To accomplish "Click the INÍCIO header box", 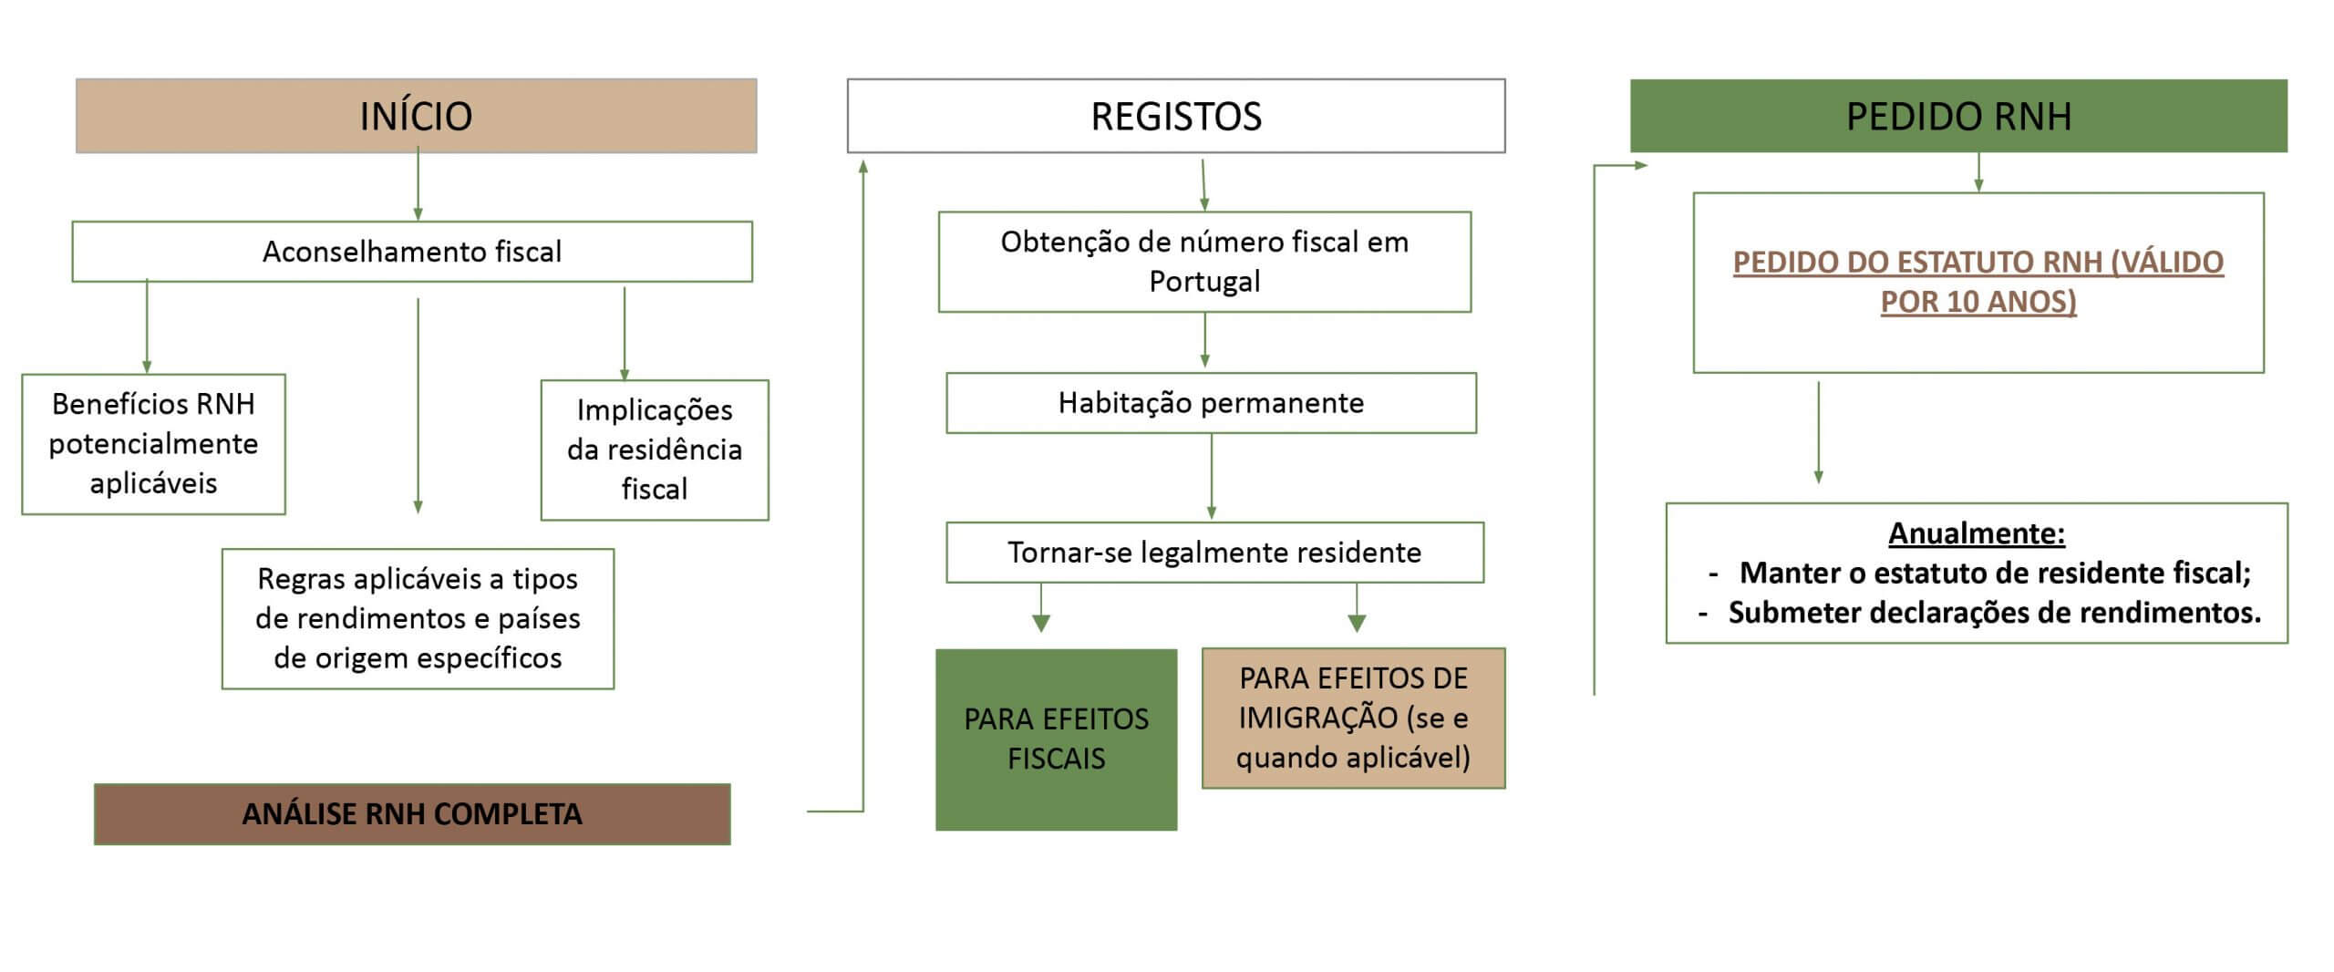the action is [416, 116].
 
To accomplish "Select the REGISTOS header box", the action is [1176, 116].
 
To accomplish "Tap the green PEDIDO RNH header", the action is [1958, 116].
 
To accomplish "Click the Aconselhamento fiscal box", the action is [412, 252].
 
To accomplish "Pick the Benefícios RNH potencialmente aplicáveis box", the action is [153, 444].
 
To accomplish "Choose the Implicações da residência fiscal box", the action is [655, 450].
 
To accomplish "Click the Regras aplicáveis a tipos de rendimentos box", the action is [418, 618].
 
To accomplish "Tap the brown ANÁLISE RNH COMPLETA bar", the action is [412, 814].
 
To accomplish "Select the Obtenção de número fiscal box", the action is [1204, 262].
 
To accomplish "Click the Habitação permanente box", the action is [1211, 403].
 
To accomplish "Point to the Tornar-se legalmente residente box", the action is [1214, 553].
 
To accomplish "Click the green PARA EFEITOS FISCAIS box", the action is [1056, 739].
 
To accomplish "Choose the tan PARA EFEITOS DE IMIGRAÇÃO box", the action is [1353, 719].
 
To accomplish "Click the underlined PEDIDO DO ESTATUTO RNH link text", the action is [1978, 282].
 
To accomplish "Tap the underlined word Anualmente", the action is [1977, 533].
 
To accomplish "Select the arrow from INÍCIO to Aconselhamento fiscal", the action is [418, 184].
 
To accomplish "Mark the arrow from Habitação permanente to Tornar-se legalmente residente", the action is [1211, 477].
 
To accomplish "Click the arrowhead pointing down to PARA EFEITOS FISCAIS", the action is [1041, 624].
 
